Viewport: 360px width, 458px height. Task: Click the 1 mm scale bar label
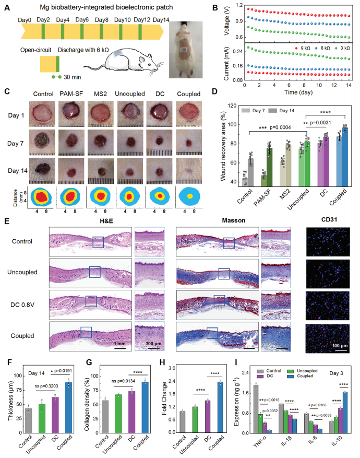click(x=120, y=345)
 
